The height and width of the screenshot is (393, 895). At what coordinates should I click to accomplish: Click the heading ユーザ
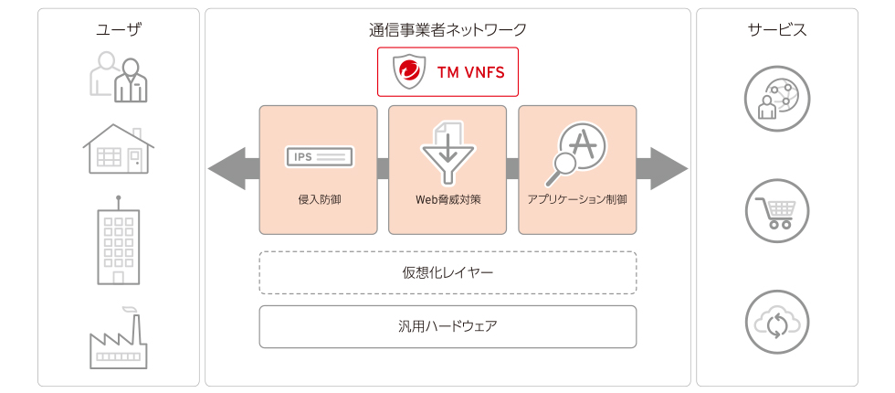[119, 30]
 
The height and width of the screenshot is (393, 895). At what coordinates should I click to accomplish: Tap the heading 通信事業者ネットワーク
[447, 30]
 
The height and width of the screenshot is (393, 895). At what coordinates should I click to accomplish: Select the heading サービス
[777, 30]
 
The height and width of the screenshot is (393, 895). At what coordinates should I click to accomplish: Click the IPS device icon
[319, 157]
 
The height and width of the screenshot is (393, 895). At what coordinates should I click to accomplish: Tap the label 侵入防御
[319, 198]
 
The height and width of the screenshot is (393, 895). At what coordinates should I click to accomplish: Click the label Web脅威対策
[447, 198]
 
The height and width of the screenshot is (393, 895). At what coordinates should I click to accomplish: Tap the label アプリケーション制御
[577, 198]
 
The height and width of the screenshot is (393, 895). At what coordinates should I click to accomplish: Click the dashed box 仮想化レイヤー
[447, 272]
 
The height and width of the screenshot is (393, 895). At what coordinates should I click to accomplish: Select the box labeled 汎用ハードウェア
[447, 326]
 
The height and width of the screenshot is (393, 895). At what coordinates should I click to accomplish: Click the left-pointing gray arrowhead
[226, 169]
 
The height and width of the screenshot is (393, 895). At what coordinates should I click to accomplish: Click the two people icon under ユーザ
[119, 77]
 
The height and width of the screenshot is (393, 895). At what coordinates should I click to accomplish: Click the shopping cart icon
[777, 210]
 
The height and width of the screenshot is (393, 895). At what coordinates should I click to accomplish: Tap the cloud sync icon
[777, 321]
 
